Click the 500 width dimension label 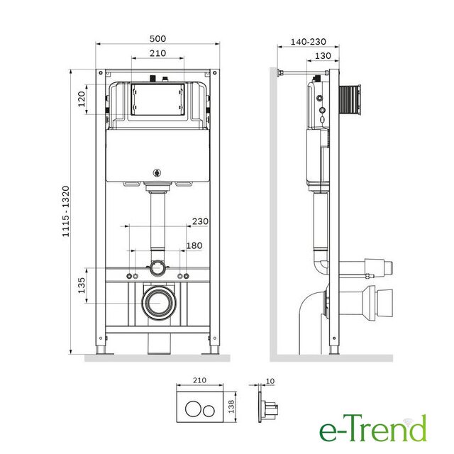point(157,38)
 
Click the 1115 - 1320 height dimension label point(66,211)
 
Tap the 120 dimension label point(82,99)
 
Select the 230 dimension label point(200,221)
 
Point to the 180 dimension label point(194,246)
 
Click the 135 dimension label point(82,285)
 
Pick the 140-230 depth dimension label point(309,42)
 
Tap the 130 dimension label point(323,55)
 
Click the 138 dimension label point(232,406)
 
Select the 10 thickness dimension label point(270,381)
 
